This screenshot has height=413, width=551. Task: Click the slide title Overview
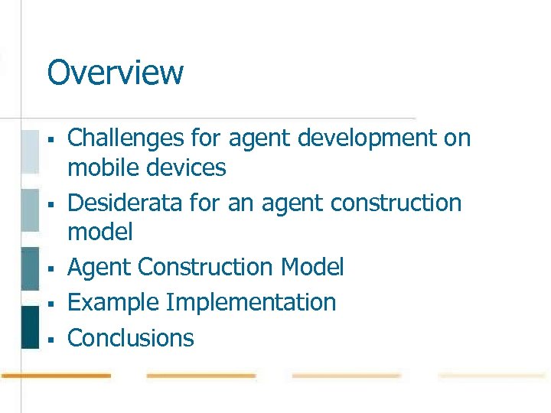tap(115, 73)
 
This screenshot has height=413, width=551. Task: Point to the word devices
tap(187, 167)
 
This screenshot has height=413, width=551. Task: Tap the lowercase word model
tap(100, 232)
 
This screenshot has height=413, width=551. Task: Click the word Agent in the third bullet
tap(99, 268)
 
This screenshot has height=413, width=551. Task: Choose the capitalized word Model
tap(313, 268)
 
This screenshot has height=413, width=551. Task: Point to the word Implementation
tap(251, 303)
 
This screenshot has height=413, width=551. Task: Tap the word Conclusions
tap(131, 338)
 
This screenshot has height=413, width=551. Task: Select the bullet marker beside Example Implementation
tap(49, 304)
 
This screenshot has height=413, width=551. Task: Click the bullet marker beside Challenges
tap(49, 140)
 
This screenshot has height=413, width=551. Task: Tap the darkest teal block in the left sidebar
tap(29, 327)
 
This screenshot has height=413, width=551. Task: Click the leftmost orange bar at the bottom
tap(55, 376)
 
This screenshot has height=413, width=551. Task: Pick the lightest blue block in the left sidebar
tap(29, 151)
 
